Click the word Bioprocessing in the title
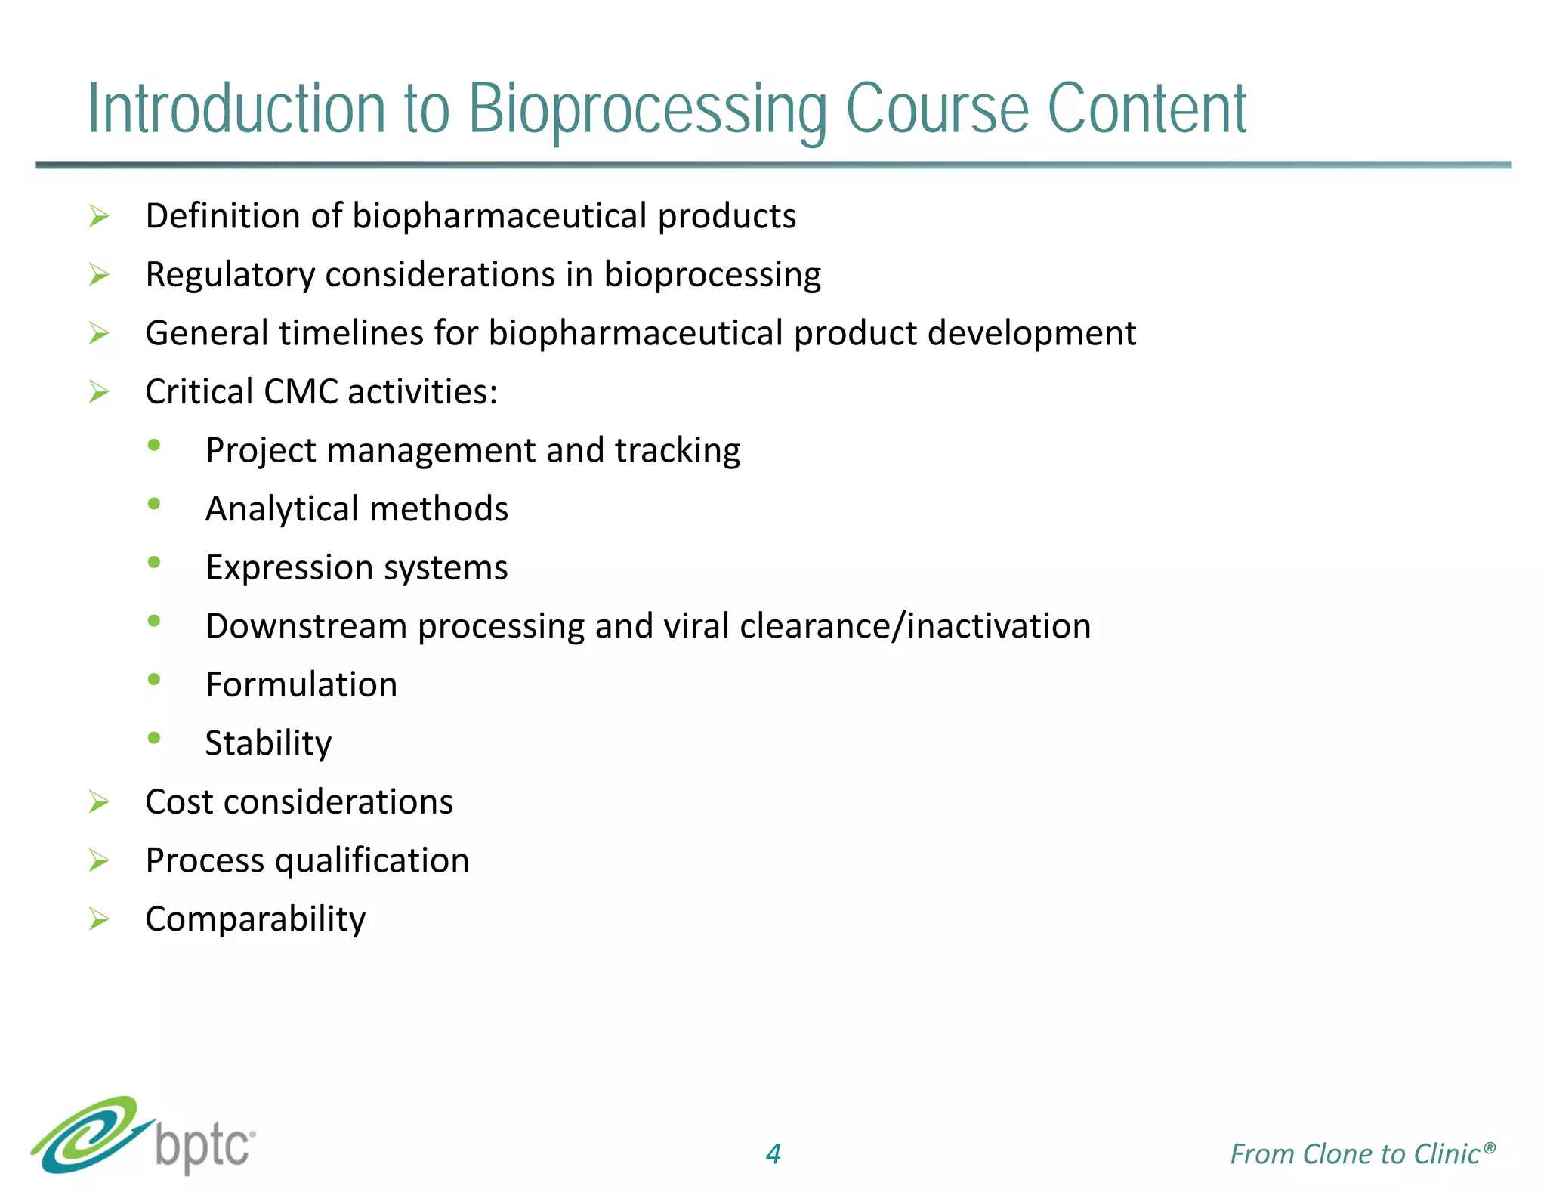pyautogui.click(x=647, y=110)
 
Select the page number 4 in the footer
pyautogui.click(x=773, y=1153)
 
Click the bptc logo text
pyautogui.click(x=204, y=1148)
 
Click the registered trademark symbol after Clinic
pyautogui.click(x=1489, y=1147)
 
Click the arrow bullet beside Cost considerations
pyautogui.click(x=99, y=801)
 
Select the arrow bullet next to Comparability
pyautogui.click(x=99, y=919)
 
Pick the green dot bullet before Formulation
pyautogui.click(x=154, y=679)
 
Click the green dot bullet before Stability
pyautogui.click(x=154, y=738)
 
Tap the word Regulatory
pyautogui.click(x=230, y=275)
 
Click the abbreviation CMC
pyautogui.click(x=301, y=391)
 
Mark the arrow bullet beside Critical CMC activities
pyautogui.click(x=99, y=391)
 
